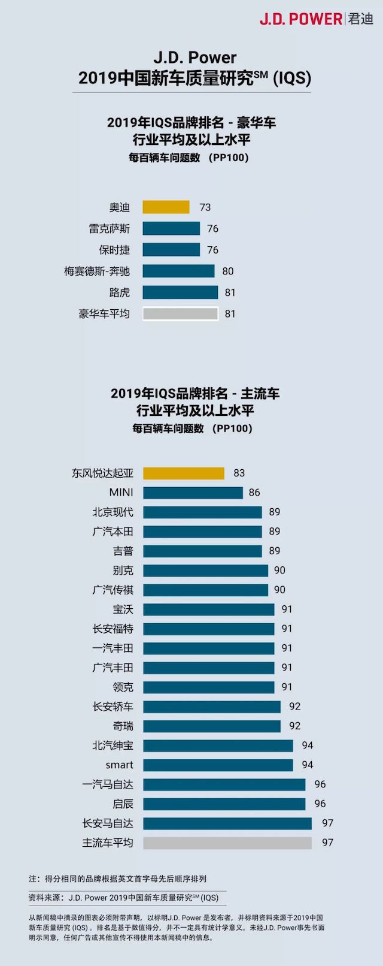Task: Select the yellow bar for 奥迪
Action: [x=166, y=207]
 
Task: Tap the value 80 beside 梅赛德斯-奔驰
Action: [x=228, y=271]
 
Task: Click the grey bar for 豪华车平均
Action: [x=180, y=314]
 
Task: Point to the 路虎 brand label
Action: [x=120, y=292]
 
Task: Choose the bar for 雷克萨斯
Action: [x=171, y=229]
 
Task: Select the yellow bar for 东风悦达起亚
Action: [x=184, y=473]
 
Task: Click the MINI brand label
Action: [x=121, y=493]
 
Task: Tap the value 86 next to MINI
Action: [x=254, y=493]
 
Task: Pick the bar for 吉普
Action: [x=202, y=551]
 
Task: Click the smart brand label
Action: [x=120, y=765]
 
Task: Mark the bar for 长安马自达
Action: [x=227, y=823]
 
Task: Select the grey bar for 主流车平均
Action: [x=227, y=843]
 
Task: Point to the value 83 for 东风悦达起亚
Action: [x=239, y=473]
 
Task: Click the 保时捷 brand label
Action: [x=114, y=250]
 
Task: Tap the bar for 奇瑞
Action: [x=212, y=726]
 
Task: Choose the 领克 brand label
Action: [x=123, y=687]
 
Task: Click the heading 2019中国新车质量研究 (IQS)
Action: [x=194, y=78]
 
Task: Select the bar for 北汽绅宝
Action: [x=218, y=745]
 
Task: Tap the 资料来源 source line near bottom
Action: [x=124, y=898]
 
